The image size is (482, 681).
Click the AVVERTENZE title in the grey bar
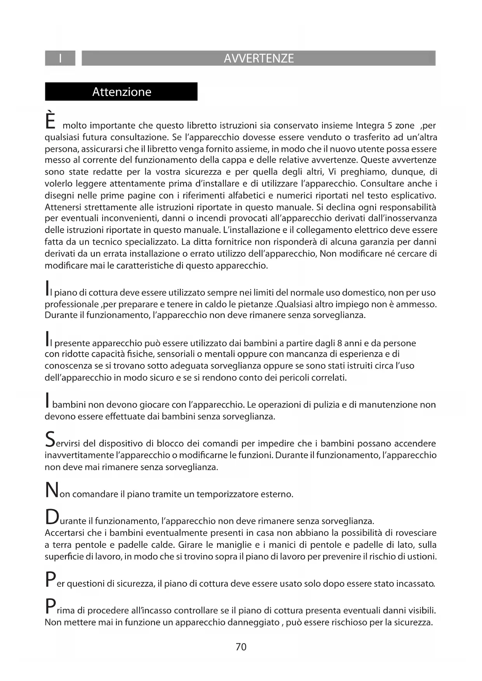click(x=259, y=59)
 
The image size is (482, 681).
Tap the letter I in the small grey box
click(x=60, y=59)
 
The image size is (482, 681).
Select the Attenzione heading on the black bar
click(x=122, y=92)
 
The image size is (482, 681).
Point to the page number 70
click(x=241, y=647)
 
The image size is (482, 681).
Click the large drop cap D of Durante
click(x=52, y=517)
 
